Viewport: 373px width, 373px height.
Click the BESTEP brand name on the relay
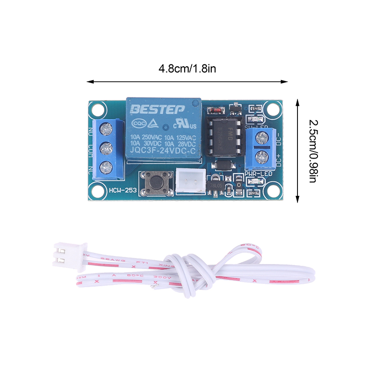click(157, 110)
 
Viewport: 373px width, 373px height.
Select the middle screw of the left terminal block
click(106, 148)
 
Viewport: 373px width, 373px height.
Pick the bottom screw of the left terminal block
click(106, 166)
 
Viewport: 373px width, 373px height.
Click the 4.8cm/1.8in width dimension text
click(187, 69)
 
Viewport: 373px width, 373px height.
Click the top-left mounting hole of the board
click(97, 110)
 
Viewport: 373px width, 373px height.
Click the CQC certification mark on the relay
click(138, 124)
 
